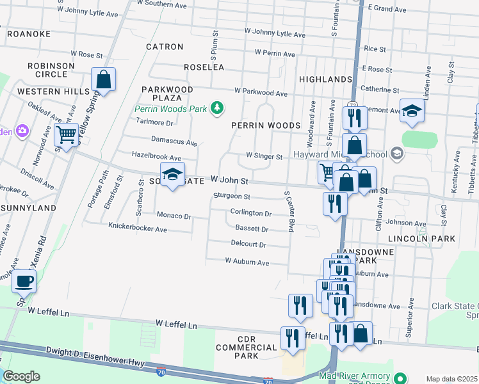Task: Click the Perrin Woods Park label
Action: point(171,109)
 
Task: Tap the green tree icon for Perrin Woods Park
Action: point(218,108)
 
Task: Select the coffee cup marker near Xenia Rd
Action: point(24,280)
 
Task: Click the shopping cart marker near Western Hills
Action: point(65,135)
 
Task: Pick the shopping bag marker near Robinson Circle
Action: point(103,80)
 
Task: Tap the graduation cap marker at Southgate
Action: point(171,174)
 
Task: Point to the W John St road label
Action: point(229,181)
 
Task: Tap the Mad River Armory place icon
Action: point(400,378)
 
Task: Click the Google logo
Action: point(21,376)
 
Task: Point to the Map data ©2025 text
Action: point(451,379)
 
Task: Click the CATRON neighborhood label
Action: point(165,47)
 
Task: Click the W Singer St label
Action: point(264,156)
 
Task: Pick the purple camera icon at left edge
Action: point(22,131)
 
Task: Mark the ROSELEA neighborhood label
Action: point(204,67)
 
